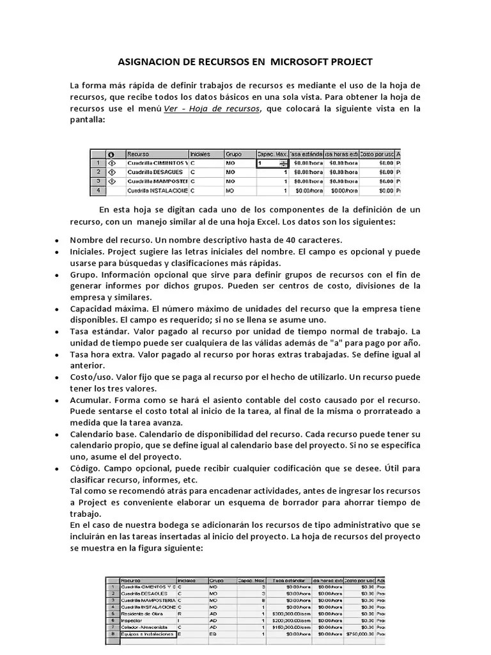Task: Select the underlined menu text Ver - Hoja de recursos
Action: point(212,109)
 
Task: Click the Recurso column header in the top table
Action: point(138,154)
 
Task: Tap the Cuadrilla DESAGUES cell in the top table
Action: point(155,172)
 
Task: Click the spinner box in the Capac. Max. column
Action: point(272,163)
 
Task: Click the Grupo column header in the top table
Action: point(233,154)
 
